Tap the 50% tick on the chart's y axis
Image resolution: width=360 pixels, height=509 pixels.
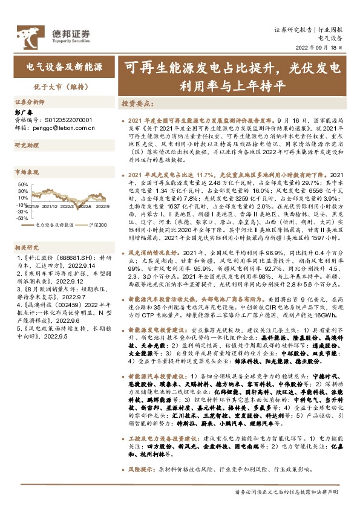22,184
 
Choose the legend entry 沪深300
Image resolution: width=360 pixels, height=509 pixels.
99,224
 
